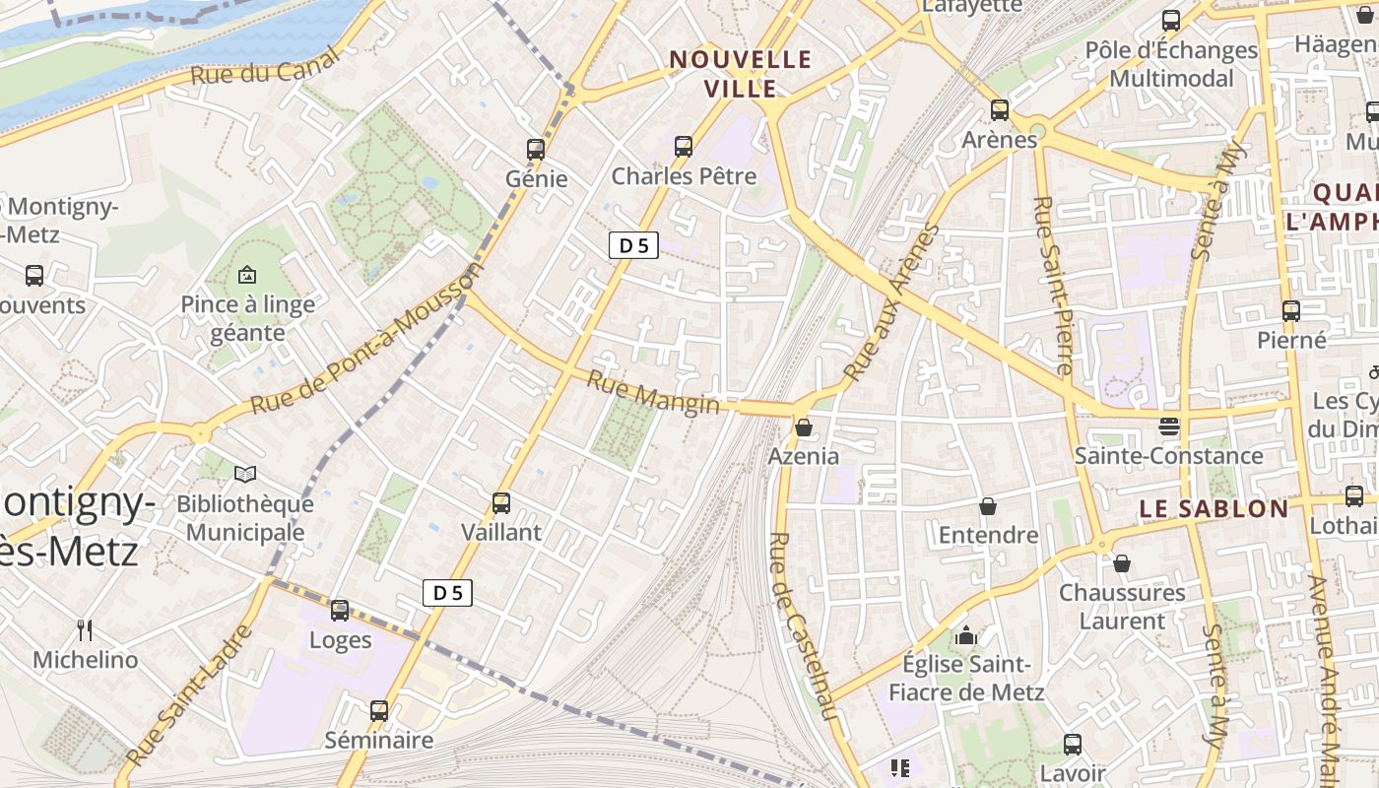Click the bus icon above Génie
[536, 150]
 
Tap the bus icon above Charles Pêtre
[684, 147]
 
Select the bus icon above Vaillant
[501, 503]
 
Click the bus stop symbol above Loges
[340, 611]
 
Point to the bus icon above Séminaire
[379, 710]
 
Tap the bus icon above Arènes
[1000, 110]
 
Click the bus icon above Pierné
[1291, 311]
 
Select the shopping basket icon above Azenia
[804, 427]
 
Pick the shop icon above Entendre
[988, 506]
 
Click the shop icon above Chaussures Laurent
[1122, 563]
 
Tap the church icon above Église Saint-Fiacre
[966, 635]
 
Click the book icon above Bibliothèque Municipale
[245, 475]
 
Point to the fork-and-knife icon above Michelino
[86, 630]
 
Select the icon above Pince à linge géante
[247, 276]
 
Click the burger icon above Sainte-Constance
[1169, 427]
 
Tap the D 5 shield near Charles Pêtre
[633, 245]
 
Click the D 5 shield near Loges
[448, 592]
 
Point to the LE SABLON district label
[1214, 508]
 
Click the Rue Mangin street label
[653, 392]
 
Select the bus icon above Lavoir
[1073, 745]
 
